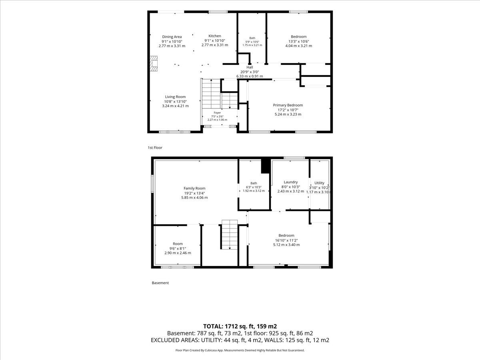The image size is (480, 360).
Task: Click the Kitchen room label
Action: [x=214, y=36]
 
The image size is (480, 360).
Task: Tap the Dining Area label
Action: [x=172, y=37]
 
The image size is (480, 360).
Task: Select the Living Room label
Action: [x=175, y=97]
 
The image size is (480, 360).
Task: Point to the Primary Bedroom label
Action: [x=288, y=105]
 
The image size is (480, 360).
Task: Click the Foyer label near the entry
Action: [x=217, y=113]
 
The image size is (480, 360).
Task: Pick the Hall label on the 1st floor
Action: [x=250, y=67]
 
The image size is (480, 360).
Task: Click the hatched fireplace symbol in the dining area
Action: [x=154, y=64]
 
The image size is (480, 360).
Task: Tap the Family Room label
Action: [x=194, y=188]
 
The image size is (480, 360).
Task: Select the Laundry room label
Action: [x=291, y=182]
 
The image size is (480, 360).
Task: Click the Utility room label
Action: [x=319, y=183]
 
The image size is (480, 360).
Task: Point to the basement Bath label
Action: [x=254, y=183]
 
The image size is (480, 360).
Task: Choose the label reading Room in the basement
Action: [x=178, y=244]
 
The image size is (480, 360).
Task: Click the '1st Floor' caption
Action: [x=155, y=148]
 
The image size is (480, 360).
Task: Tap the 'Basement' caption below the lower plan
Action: [x=160, y=283]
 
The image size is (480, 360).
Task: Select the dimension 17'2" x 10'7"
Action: [x=288, y=110]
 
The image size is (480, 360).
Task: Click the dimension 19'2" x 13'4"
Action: [x=194, y=193]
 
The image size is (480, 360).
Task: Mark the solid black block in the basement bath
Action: [x=266, y=166]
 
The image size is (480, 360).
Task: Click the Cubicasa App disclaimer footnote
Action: [x=240, y=350]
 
